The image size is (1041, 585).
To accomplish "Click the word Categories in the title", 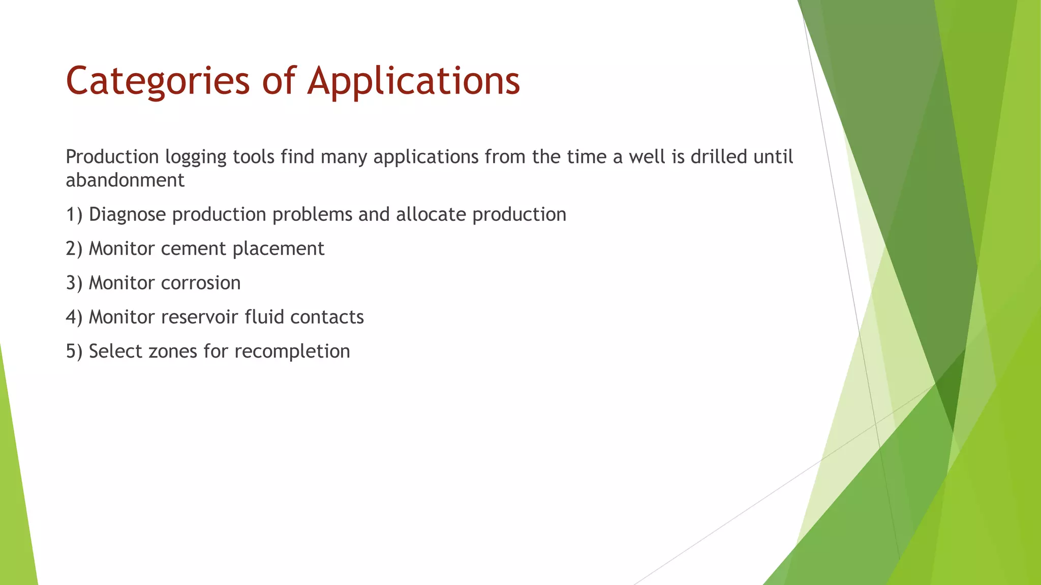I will coord(158,81).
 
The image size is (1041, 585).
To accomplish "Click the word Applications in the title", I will coord(414,81).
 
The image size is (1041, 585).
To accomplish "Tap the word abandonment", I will coord(125,180).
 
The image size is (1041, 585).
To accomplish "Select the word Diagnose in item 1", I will coord(127,215).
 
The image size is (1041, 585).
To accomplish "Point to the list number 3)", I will coord(74,283).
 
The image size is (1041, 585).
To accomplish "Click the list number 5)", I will coord(74,351).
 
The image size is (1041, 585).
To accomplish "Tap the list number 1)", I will coord(74,215).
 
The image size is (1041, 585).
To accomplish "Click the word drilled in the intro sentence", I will coord(718,157).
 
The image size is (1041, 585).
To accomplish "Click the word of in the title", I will coord(279,81).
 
